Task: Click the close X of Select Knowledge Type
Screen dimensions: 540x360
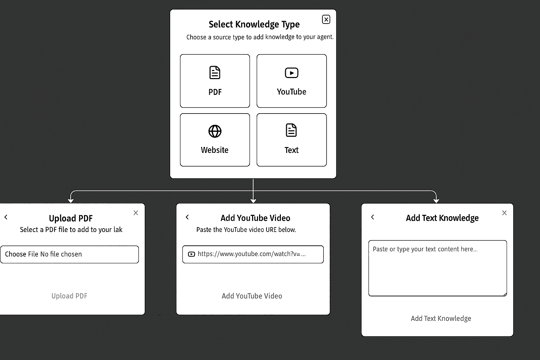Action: (x=326, y=20)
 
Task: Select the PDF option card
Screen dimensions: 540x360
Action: (x=215, y=81)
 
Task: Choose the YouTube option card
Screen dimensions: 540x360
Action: (x=291, y=81)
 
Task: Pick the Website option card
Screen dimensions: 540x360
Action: (x=215, y=140)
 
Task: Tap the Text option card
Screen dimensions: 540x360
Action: (x=291, y=140)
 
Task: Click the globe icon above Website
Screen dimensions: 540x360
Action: (x=215, y=131)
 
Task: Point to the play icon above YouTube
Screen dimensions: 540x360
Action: (x=291, y=73)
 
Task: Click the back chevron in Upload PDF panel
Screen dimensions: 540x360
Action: (x=6, y=217)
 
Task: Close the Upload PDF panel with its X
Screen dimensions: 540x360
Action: (x=136, y=213)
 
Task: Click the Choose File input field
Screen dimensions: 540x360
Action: (x=69, y=255)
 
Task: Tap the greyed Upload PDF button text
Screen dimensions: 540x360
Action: (x=69, y=296)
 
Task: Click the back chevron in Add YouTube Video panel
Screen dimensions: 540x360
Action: (x=187, y=217)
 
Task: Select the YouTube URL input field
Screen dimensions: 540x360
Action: (x=253, y=255)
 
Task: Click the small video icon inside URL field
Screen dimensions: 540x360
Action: (x=191, y=254)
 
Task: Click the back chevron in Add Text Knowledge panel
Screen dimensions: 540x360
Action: (x=373, y=217)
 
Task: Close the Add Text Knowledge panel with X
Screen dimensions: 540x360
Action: (x=504, y=213)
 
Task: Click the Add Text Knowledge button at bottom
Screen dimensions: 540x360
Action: (x=441, y=319)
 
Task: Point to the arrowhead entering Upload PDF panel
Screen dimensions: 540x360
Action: (x=71, y=201)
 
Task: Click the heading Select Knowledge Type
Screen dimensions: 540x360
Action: (x=254, y=24)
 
